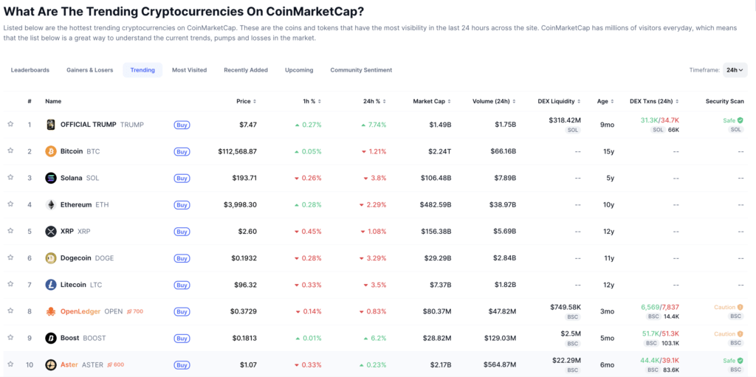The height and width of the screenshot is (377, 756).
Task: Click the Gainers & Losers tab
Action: (x=89, y=70)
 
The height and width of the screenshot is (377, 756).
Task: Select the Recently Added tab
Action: (x=246, y=70)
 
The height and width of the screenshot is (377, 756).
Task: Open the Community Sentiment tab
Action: (x=361, y=70)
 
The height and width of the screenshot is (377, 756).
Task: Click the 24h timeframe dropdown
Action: (x=735, y=70)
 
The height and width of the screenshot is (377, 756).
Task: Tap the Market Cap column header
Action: (x=430, y=101)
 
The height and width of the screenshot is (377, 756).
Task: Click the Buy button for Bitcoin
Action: (x=182, y=151)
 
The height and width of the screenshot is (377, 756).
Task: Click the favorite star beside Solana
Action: (x=10, y=178)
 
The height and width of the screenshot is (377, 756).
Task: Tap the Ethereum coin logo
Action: (x=51, y=204)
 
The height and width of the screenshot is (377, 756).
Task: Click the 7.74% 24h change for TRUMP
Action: (x=374, y=125)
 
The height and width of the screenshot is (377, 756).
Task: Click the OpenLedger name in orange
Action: (x=80, y=311)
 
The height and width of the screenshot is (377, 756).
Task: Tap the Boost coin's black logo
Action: (x=51, y=338)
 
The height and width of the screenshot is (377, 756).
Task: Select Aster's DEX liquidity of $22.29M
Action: (x=566, y=360)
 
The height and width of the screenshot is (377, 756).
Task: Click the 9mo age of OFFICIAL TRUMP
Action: (x=607, y=125)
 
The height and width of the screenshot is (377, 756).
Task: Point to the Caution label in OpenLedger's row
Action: (x=724, y=307)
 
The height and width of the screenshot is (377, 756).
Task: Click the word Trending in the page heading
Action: (x=115, y=11)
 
